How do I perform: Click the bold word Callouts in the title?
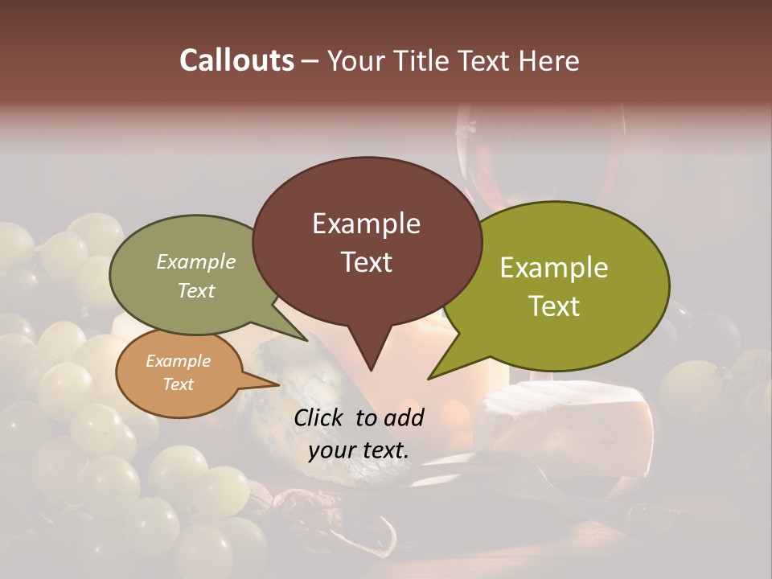236,60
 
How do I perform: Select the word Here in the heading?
550,60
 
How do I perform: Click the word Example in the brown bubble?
366,224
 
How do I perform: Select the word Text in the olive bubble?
554,306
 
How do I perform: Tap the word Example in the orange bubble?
178,361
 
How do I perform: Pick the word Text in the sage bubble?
196,291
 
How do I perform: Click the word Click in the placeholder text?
319,417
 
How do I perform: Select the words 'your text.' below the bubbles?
359,450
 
